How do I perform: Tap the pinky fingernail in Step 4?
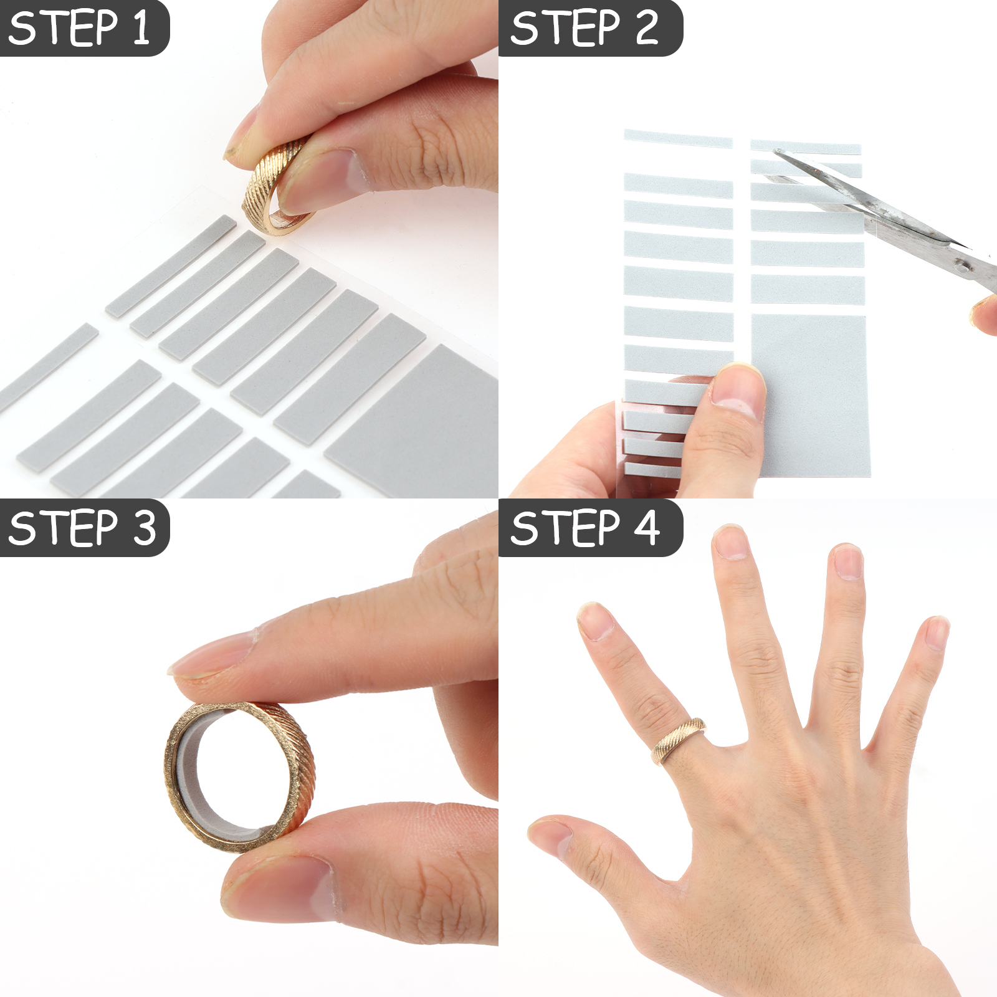[937, 632]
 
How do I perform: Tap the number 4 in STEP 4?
[647, 528]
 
